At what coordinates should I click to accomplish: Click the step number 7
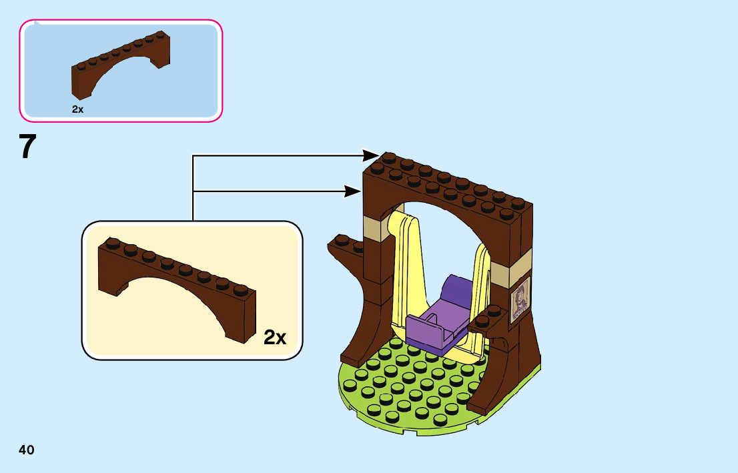pyautogui.click(x=27, y=147)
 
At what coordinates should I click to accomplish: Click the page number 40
pyautogui.click(x=27, y=450)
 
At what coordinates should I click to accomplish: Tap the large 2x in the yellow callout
pyautogui.click(x=275, y=338)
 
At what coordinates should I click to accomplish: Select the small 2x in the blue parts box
pyautogui.click(x=78, y=109)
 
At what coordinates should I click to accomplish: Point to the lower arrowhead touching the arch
pyautogui.click(x=352, y=191)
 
